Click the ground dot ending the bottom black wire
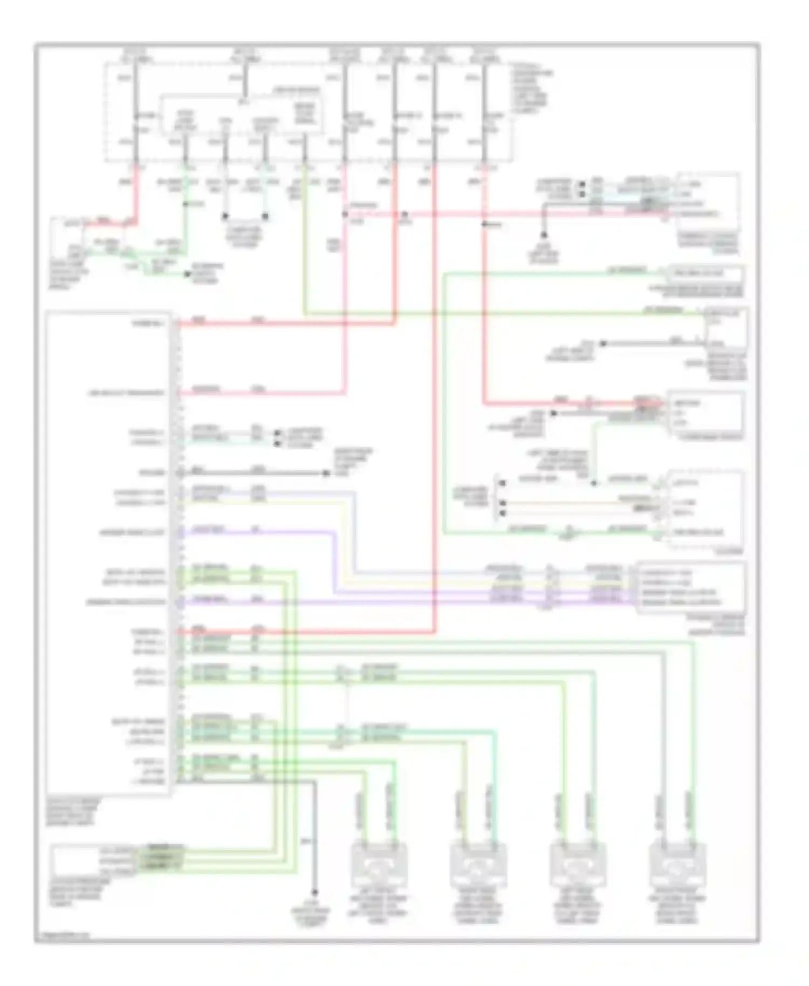(314, 893)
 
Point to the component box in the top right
(708, 202)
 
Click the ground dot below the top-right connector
(544, 235)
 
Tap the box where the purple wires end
(692, 587)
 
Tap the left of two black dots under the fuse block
(225, 217)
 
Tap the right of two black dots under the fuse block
(265, 217)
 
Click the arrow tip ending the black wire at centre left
(326, 474)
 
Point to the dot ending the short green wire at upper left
(187, 274)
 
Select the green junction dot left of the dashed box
(594, 483)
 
